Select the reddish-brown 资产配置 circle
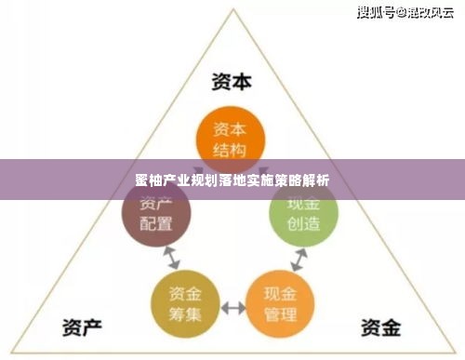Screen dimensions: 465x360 click(156, 214)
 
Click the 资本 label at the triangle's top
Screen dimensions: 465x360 click(231, 82)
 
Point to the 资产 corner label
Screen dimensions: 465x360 click(82, 327)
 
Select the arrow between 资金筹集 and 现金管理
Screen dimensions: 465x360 click(232, 306)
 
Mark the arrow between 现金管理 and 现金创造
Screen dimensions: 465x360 click(296, 258)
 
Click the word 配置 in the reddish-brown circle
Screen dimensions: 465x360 click(156, 224)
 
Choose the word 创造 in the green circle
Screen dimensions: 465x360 click(304, 223)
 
